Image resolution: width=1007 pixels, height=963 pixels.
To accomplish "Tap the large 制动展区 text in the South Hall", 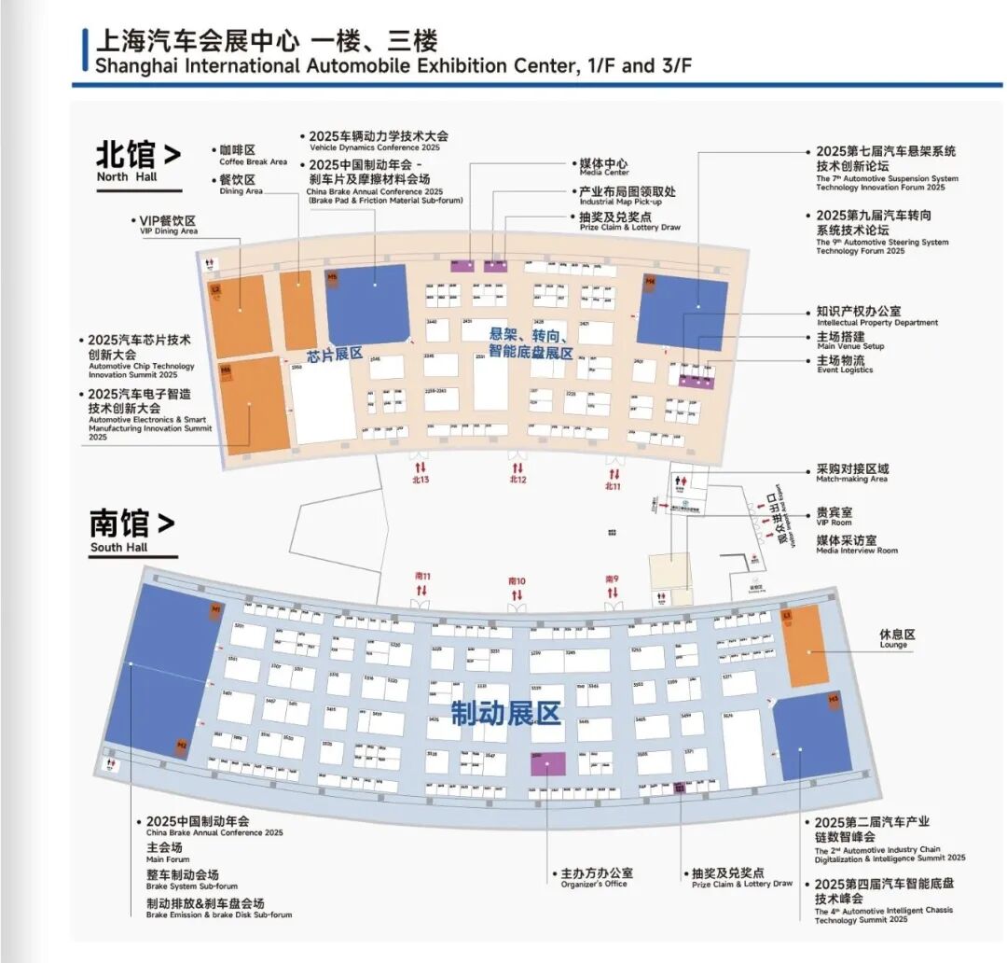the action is point(506,714).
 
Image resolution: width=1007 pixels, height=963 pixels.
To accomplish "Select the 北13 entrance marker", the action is point(420,474).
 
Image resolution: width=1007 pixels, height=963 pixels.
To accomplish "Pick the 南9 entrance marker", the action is point(612,585).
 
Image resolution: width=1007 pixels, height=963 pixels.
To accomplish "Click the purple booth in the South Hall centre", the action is point(547,762).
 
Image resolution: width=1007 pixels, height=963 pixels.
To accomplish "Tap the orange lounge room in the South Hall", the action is point(804,644).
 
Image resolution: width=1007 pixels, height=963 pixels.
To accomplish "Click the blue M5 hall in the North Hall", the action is point(367,304).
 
